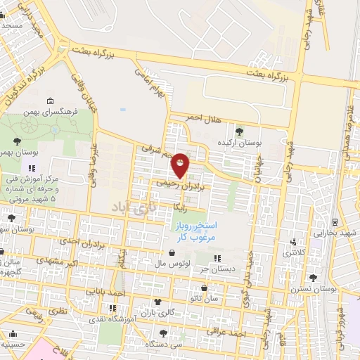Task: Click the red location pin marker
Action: click(181, 165)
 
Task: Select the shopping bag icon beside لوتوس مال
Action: click(172, 252)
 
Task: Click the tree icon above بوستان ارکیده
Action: click(240, 131)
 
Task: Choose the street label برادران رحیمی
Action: click(183, 184)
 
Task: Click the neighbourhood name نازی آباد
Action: click(131, 207)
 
